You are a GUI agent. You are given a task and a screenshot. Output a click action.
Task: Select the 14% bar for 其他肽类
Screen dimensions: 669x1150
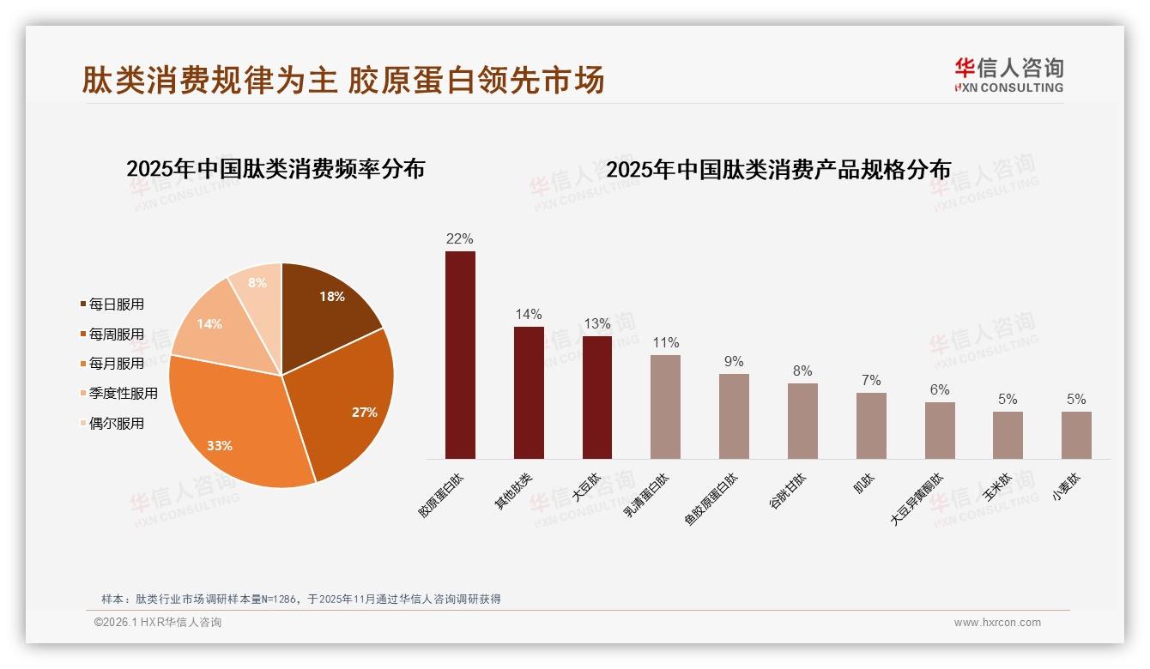(529, 392)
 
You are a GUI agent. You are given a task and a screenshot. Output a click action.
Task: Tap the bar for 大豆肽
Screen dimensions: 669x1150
(597, 397)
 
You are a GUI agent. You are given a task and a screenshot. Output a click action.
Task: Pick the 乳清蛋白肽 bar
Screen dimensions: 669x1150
(665, 407)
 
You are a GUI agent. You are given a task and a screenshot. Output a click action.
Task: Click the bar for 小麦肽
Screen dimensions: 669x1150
(1076, 435)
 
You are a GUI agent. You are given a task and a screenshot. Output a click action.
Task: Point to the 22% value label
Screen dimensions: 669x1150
(459, 239)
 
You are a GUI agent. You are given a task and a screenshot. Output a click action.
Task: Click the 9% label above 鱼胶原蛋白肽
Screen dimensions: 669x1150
(734, 362)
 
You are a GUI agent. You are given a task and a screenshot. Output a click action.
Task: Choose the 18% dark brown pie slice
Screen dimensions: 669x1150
(326, 300)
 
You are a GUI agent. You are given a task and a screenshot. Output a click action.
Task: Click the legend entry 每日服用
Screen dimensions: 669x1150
(117, 304)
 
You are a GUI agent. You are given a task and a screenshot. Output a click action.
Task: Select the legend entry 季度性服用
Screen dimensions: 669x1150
(124, 394)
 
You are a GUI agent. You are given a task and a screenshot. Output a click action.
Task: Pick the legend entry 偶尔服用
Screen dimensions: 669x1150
(117, 424)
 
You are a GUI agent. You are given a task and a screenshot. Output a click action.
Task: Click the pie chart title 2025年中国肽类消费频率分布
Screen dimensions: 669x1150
(275, 169)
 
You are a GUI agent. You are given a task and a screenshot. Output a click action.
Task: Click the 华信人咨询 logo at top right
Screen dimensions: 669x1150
(1008, 75)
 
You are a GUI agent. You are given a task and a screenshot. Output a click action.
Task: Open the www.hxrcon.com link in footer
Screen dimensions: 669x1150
(997, 623)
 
